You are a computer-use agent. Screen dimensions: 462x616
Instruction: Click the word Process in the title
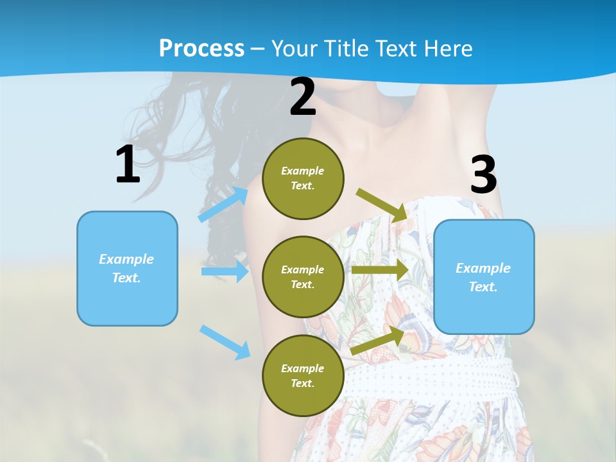(x=201, y=49)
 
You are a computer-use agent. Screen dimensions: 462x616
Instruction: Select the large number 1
(x=128, y=165)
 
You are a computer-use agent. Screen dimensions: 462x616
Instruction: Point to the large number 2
(x=303, y=97)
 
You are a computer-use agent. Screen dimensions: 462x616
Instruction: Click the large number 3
(x=483, y=175)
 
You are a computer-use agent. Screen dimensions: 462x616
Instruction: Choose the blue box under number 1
(x=127, y=268)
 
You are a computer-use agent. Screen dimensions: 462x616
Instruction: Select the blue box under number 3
(x=484, y=277)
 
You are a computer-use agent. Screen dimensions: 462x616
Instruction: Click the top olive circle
(x=303, y=178)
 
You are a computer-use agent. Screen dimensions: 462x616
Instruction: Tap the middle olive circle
(x=303, y=277)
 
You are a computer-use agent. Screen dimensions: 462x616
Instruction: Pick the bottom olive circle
(x=303, y=375)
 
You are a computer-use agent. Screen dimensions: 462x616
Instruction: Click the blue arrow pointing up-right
(x=223, y=204)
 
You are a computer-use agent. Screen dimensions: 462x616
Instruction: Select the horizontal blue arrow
(x=225, y=271)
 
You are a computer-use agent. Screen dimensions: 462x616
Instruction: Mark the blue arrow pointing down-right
(x=225, y=342)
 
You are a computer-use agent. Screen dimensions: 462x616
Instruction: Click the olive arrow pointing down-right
(x=382, y=205)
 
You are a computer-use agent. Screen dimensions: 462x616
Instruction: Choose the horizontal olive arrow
(x=380, y=269)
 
